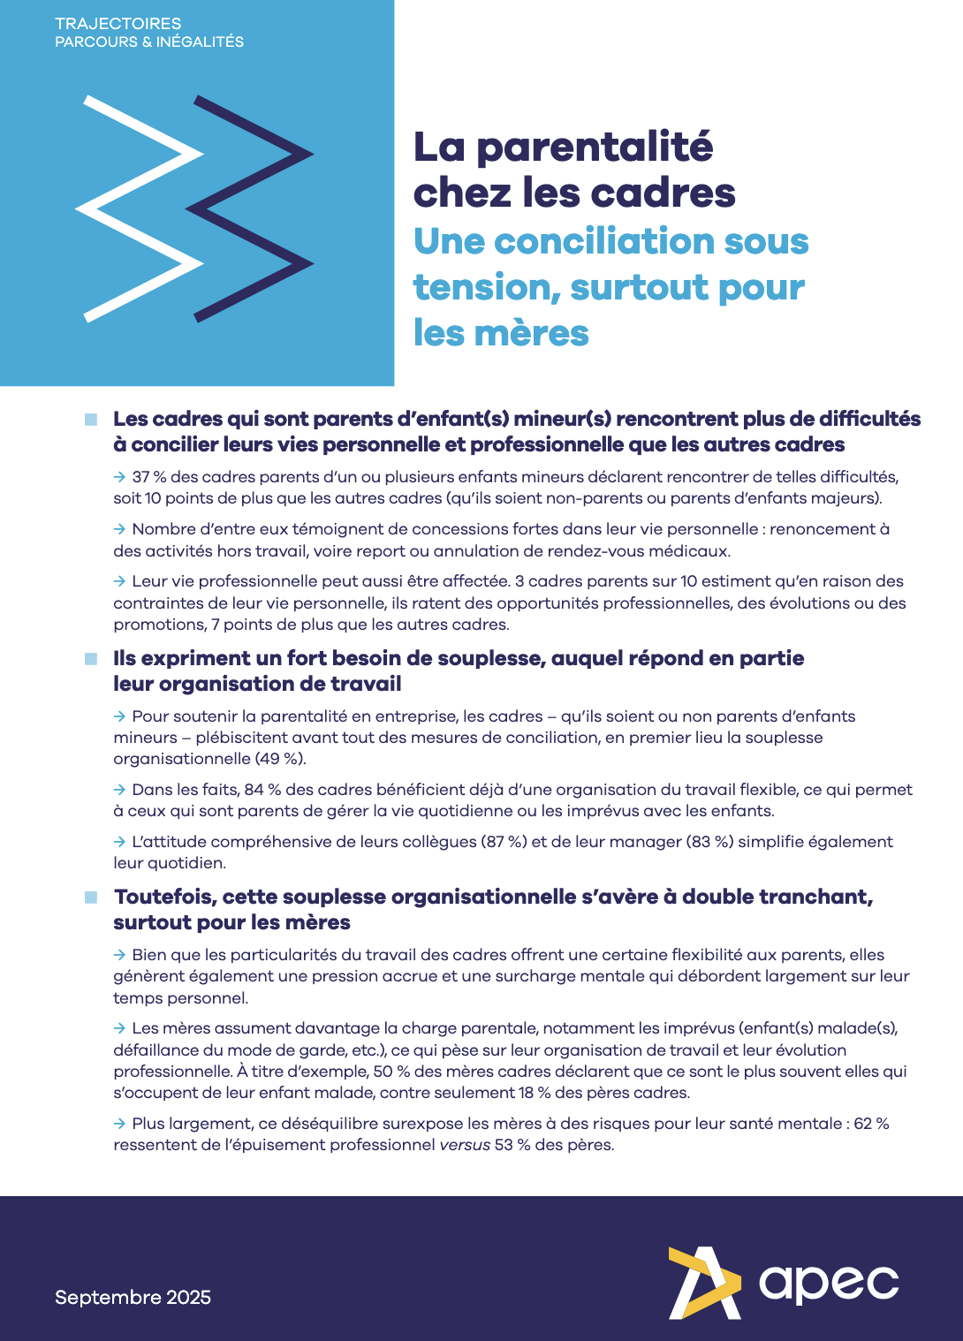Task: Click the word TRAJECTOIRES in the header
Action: [x=118, y=24]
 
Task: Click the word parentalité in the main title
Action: [x=595, y=147]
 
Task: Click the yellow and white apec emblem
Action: [x=704, y=1283]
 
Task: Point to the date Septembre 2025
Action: [x=133, y=1297]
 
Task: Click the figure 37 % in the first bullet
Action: [x=148, y=477]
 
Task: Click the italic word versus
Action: [x=464, y=1145]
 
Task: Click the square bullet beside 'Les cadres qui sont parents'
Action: [x=91, y=420]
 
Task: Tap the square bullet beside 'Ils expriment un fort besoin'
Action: [x=91, y=659]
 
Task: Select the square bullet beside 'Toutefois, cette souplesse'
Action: [x=91, y=898]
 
